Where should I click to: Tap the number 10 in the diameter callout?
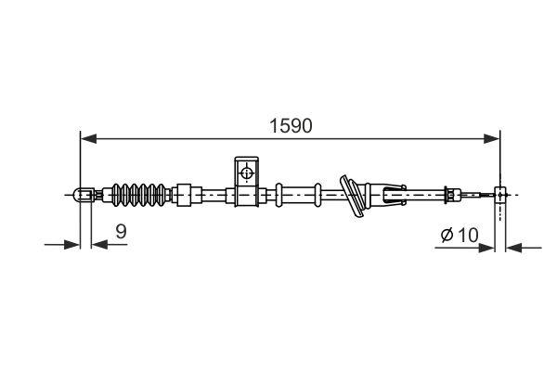point(467,236)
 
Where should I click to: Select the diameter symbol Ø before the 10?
point(447,236)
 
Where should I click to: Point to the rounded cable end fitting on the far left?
point(83,195)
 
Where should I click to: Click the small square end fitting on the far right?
point(502,195)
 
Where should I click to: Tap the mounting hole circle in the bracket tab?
point(247,172)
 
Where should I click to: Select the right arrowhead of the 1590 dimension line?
point(495,139)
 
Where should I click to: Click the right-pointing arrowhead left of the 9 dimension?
point(71,246)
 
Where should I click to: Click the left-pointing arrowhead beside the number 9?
point(98,246)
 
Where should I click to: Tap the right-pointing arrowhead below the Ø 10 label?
point(489,248)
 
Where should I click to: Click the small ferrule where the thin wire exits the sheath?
point(450,195)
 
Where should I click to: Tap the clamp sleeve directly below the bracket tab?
point(245,195)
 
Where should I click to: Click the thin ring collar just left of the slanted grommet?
point(318,195)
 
